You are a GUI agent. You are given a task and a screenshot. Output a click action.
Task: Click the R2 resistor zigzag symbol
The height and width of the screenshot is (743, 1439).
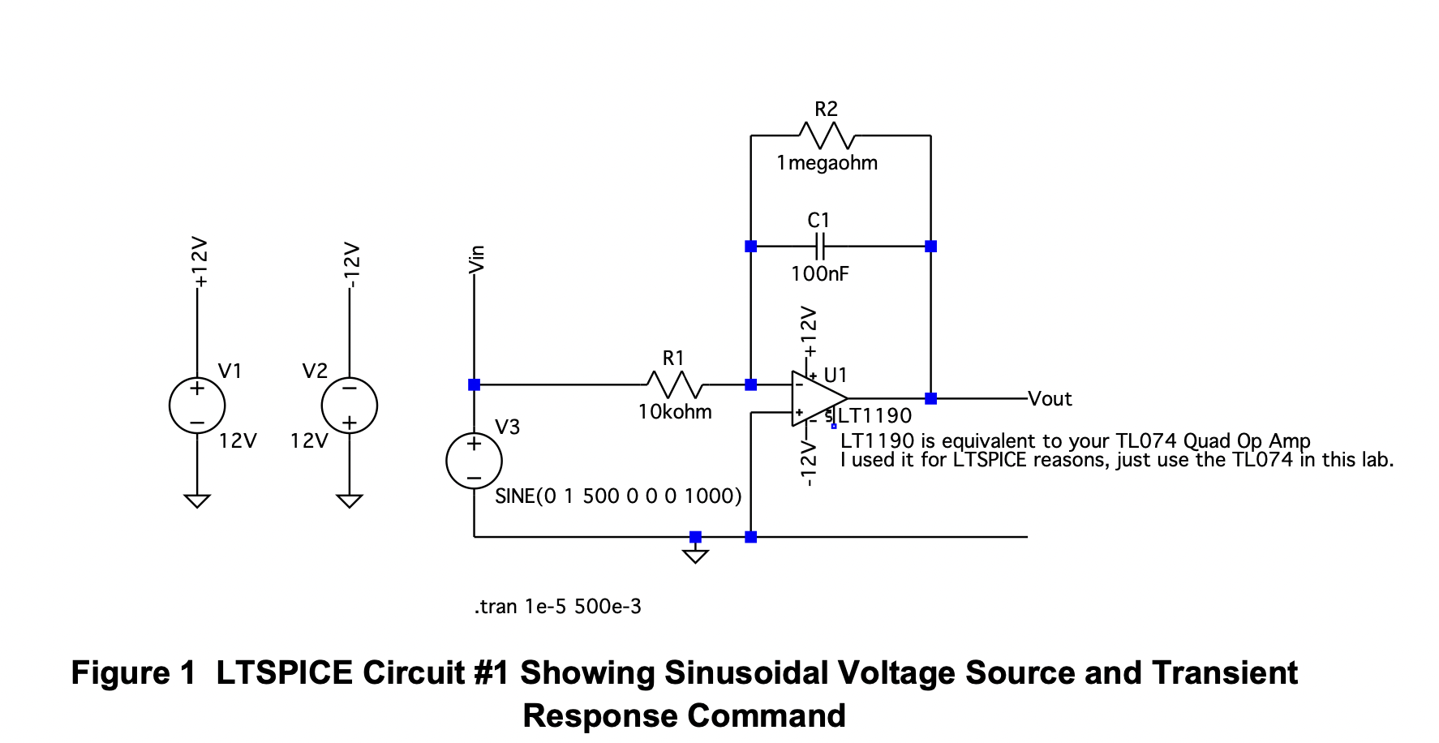[x=827, y=135]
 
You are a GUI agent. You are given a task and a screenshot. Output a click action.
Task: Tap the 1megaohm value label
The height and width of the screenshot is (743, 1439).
[x=827, y=163]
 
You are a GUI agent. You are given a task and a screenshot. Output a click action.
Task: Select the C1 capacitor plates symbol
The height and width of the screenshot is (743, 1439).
[x=819, y=246]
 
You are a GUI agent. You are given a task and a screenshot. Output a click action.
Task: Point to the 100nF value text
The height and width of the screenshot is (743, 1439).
[x=819, y=274]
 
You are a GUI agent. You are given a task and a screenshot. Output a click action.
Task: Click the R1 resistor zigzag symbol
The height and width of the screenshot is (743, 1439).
[x=675, y=384]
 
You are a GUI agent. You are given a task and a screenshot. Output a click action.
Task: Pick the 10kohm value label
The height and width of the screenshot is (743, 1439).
[x=675, y=412]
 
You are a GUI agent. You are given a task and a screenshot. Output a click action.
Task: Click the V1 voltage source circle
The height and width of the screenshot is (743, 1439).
[x=197, y=406]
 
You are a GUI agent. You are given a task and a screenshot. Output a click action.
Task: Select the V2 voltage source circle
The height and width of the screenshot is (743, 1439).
[x=350, y=406]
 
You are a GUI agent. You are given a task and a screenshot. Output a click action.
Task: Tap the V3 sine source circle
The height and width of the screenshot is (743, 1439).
[x=475, y=461]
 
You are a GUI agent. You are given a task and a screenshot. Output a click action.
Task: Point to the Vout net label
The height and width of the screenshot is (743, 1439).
[x=1050, y=399]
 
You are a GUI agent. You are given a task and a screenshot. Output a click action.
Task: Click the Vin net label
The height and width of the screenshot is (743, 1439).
[x=477, y=259]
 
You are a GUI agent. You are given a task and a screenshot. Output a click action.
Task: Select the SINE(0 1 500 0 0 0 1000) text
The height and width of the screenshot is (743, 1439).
[x=618, y=496]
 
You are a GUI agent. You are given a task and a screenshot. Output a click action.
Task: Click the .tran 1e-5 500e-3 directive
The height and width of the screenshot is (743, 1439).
[x=558, y=607]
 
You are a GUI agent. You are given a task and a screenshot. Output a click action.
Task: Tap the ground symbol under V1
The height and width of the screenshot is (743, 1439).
[x=197, y=500]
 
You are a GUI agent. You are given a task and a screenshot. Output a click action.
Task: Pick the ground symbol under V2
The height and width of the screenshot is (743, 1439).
[x=350, y=500]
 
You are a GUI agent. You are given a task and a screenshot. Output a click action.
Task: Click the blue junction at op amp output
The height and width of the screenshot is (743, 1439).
[x=930, y=398]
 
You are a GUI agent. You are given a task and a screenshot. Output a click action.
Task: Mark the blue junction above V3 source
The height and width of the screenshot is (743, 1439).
[x=475, y=384]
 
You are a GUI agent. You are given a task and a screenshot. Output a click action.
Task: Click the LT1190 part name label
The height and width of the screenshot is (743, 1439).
[x=874, y=416]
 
